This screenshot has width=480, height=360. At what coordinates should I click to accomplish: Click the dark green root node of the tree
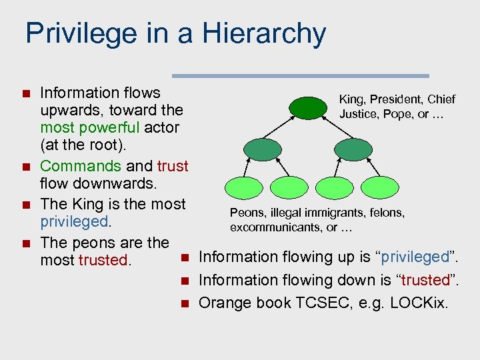[x=309, y=108]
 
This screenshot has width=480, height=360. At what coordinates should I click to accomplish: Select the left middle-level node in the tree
[x=262, y=149]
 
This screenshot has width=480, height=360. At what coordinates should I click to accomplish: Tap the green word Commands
[x=81, y=166]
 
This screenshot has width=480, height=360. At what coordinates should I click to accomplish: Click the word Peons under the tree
[x=246, y=213]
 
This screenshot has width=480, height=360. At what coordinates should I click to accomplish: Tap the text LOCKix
[x=420, y=303]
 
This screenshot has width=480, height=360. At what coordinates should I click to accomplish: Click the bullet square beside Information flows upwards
[x=26, y=93]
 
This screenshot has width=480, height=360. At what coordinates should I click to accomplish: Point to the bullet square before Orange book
[x=185, y=303]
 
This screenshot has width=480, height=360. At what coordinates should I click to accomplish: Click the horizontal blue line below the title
[x=301, y=76]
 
